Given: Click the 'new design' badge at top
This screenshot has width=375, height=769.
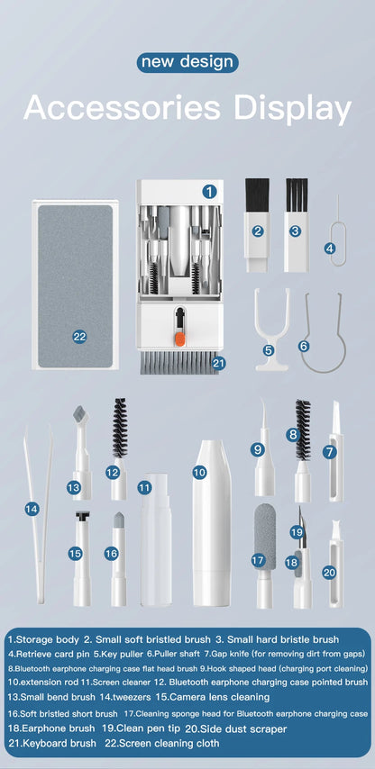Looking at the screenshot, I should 187,62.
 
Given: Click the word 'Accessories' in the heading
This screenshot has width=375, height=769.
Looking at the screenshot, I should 119,108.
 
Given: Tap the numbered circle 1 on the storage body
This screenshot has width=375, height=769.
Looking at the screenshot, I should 209,191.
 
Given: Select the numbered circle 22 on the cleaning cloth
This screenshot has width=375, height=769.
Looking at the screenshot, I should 79,336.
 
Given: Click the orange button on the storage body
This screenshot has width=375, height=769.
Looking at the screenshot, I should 179,339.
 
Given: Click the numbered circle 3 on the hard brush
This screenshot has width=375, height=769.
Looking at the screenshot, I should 295,231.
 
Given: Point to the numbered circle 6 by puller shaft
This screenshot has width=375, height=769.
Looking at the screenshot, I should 304,345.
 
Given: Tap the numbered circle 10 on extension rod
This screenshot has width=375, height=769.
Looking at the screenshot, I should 200,471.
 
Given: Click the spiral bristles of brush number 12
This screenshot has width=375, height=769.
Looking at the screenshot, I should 119,427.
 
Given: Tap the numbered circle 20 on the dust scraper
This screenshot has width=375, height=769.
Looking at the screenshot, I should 329,572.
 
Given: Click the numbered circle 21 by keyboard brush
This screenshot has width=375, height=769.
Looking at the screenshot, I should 218,363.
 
